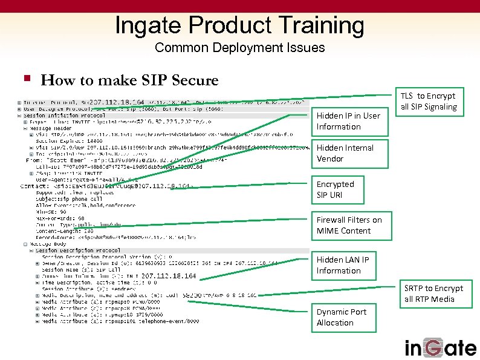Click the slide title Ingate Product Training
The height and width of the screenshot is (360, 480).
click(239, 25)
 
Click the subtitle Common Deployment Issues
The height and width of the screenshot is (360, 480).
click(239, 47)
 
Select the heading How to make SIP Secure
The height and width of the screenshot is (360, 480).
click(129, 80)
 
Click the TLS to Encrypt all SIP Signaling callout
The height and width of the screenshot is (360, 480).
click(429, 101)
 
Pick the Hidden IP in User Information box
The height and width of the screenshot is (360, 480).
click(348, 121)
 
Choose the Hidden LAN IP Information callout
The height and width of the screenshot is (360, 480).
click(343, 265)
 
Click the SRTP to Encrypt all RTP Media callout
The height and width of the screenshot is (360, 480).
click(433, 293)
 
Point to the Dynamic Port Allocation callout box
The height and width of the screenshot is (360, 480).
click(342, 317)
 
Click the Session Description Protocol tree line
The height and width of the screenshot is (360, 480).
click(72, 250)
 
